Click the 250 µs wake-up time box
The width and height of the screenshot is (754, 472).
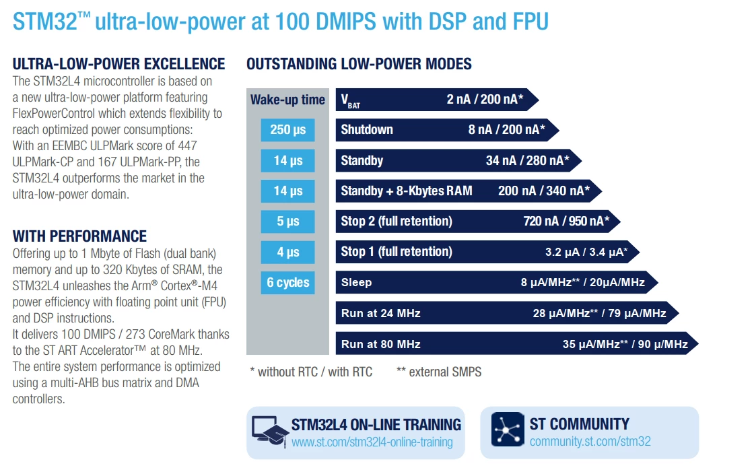coord(287,130)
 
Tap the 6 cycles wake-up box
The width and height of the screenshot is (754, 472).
coord(287,282)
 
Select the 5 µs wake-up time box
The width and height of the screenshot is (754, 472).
coord(287,222)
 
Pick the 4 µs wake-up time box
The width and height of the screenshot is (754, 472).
coord(287,252)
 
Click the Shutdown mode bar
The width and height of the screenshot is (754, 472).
coord(447,130)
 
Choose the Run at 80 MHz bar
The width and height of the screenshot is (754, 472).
coord(517,344)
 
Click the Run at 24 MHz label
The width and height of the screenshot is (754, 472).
coord(381,314)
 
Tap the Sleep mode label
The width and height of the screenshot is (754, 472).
coord(356,282)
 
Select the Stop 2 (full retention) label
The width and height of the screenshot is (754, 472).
coord(397,222)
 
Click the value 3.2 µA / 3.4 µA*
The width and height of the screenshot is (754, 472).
coord(586,252)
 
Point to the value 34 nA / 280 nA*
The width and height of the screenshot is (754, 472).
coord(528,160)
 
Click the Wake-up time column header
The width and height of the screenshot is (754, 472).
coord(287,100)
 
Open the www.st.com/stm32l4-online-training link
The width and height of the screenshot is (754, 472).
coord(372,442)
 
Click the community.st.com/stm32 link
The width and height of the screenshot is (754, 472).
coord(590,441)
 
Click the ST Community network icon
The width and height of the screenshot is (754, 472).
coord(508,429)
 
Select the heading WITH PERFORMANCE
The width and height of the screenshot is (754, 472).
coord(80,236)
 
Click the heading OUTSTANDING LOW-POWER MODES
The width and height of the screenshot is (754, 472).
coord(359,64)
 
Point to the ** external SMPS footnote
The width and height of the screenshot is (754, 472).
coord(439,372)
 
